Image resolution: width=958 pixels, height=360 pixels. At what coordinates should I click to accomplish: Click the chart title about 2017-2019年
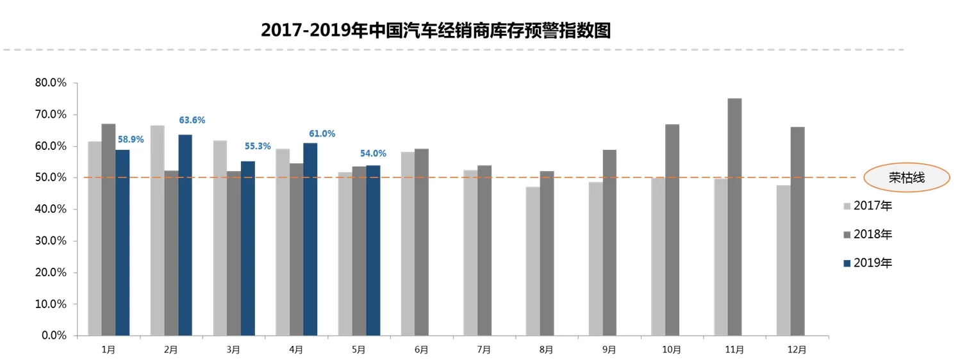point(436,30)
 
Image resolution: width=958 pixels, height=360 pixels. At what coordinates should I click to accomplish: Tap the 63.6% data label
point(192,120)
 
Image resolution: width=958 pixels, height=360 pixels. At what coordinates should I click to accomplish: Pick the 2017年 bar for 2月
point(157,230)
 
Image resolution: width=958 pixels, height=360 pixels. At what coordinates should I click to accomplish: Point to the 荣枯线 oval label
point(906,177)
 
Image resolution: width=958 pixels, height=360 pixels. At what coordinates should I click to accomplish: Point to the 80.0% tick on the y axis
point(51,83)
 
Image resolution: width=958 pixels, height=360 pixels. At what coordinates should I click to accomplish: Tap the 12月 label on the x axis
point(797,350)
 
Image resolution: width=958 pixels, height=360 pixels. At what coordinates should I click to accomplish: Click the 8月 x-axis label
point(547,350)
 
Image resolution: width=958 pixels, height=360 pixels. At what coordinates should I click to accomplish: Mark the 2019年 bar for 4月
point(310,239)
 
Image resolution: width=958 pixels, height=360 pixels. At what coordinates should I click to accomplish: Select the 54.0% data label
point(374,153)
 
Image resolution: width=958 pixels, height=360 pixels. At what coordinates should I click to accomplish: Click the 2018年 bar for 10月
point(672,230)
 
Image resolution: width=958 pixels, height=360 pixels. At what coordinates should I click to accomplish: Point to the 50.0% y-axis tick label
point(51,177)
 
